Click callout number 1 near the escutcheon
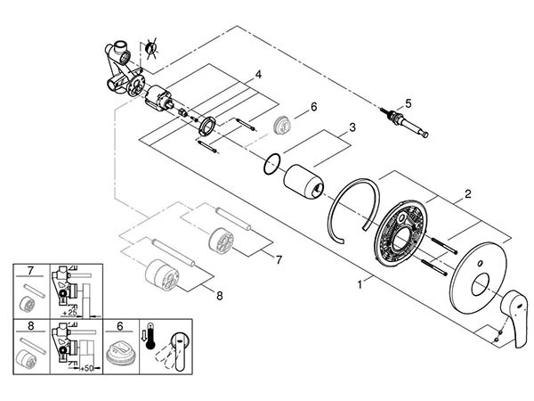coord(360,284)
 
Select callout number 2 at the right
coord(468,194)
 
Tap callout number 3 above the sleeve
coord(352,127)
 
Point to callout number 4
coord(258,74)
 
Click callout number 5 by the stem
coord(409,102)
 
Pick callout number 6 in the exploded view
coord(313,107)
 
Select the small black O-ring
coord(271,164)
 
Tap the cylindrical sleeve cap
coord(303,181)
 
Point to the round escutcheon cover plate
coord(479,277)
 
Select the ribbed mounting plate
coord(400,233)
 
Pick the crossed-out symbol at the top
coord(151,48)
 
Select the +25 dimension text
coord(69,313)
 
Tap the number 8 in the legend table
coord(30,326)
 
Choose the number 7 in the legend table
coord(30,271)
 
